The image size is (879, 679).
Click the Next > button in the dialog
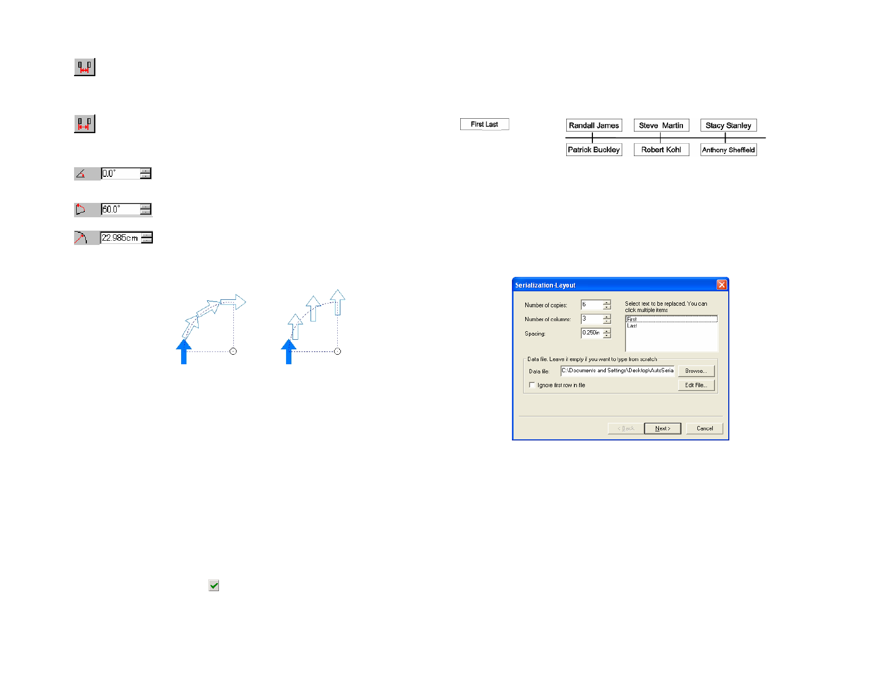(662, 428)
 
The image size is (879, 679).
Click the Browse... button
(696, 371)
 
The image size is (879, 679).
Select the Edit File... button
(696, 386)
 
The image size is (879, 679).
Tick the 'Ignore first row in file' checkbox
(532, 385)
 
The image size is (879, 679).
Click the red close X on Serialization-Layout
(721, 285)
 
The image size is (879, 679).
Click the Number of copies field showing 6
(592, 305)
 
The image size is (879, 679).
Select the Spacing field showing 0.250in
(592, 333)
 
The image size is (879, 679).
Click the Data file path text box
(617, 371)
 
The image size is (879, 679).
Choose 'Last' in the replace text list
(631, 326)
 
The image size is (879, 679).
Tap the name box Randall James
(594, 125)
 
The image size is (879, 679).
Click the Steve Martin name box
(661, 125)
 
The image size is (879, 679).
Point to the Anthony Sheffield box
(728, 150)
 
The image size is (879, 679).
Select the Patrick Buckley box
(594, 150)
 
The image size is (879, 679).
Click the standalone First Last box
(484, 124)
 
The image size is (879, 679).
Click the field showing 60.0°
(120, 209)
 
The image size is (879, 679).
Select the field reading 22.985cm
(120, 238)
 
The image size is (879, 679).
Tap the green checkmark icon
(214, 585)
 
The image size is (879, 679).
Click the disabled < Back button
(626, 428)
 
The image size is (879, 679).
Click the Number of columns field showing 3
(592, 318)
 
